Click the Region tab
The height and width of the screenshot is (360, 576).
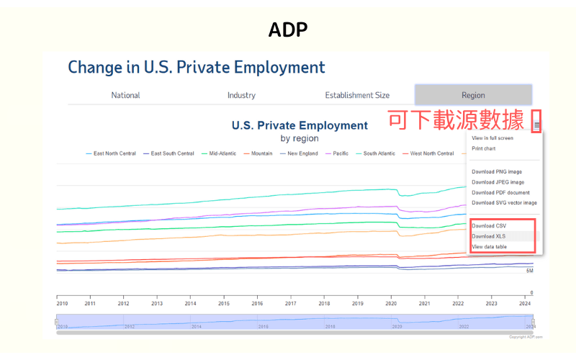pos(473,95)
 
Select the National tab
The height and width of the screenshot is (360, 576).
pos(125,95)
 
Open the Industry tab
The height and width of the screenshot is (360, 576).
pos(241,95)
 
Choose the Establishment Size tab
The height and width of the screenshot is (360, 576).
pos(357,95)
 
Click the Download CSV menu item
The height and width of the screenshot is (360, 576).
pos(489,226)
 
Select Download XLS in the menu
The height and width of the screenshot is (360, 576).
pos(489,236)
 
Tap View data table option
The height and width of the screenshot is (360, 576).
pos(489,247)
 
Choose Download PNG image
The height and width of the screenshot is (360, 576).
pos(497,171)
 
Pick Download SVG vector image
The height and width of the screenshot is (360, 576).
pos(504,203)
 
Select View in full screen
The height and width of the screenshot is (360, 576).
pos(492,138)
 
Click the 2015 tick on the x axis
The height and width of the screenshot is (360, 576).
pos(224,304)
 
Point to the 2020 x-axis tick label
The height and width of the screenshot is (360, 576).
pos(391,304)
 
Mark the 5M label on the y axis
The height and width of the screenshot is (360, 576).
pos(529,271)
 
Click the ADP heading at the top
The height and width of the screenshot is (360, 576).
pos(287,30)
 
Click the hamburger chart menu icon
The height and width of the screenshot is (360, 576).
pos(537,125)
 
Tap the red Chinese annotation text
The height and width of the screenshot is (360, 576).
pos(456,120)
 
